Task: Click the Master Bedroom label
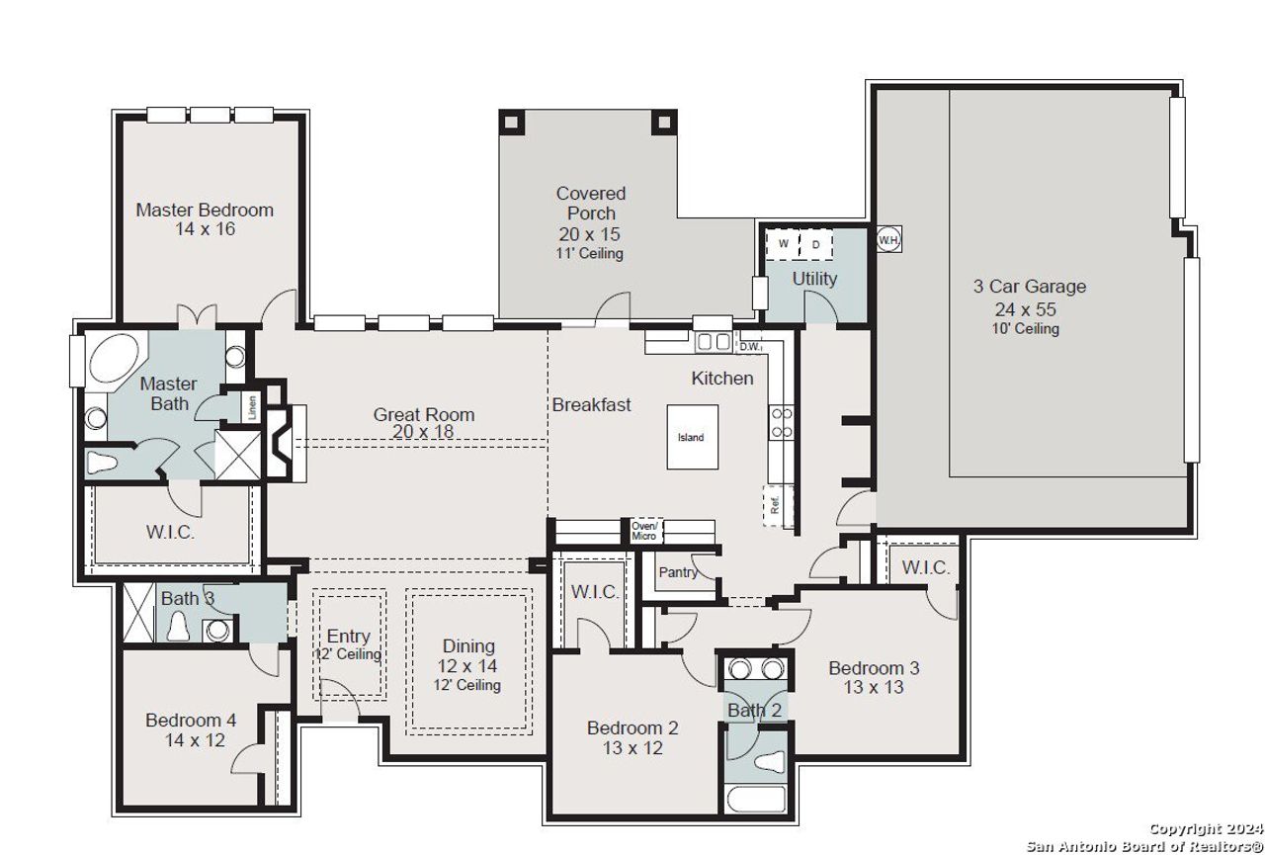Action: [x=205, y=210]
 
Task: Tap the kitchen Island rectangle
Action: [x=691, y=437]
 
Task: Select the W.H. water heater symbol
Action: [x=888, y=238]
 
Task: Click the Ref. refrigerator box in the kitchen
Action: [x=777, y=504]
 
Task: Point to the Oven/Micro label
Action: [x=644, y=531]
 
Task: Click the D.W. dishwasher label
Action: [x=749, y=346]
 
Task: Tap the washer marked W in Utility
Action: [x=783, y=243]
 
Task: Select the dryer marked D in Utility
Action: [x=816, y=243]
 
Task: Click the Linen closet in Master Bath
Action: [x=253, y=406]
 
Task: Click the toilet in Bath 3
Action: [x=180, y=627]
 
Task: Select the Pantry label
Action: [x=677, y=572]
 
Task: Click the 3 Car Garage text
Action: [x=1029, y=287]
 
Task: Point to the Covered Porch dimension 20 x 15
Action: [x=590, y=234]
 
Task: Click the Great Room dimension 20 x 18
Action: [x=423, y=431]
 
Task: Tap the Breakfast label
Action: [x=591, y=404]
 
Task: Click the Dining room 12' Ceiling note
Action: [x=467, y=685]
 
